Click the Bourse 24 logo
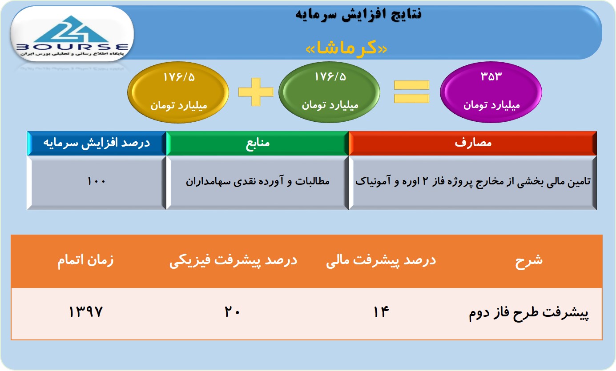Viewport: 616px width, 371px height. coord(72,34)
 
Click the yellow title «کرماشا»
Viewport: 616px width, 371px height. coord(346,49)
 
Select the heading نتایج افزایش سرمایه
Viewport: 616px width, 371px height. coord(358,14)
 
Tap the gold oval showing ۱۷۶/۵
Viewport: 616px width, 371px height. coord(178,92)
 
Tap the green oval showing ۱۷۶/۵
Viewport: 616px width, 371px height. coord(330,92)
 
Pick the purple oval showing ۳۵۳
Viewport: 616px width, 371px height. coord(491,92)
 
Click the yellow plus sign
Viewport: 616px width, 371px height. coord(256,92)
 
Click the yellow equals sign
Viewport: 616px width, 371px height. coord(411,92)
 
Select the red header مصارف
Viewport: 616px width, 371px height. coord(472,143)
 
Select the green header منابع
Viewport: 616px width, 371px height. coord(258,143)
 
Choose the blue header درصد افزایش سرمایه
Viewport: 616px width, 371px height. coord(97,143)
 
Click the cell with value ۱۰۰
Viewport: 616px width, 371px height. coord(97,183)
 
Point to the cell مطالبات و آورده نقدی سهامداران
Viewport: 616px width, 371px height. coord(258,183)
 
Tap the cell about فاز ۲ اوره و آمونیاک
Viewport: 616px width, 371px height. coord(472,183)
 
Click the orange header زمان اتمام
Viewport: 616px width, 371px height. coord(85,260)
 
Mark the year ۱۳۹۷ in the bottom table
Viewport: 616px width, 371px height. coord(85,312)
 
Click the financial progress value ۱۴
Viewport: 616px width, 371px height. coord(381,312)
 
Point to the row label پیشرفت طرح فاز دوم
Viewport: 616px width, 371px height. coord(528,313)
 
